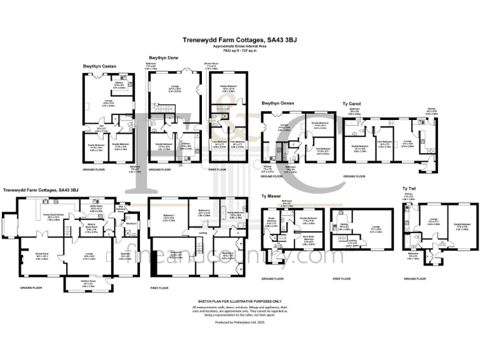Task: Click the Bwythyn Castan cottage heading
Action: tap(100, 66)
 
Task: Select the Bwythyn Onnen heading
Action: tap(279, 104)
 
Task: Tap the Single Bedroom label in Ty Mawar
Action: tap(271, 221)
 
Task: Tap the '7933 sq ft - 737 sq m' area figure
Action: tap(240, 49)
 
